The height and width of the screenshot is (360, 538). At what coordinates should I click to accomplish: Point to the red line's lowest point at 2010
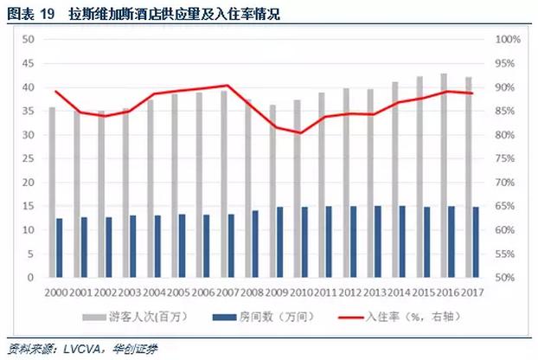pyautogui.click(x=301, y=133)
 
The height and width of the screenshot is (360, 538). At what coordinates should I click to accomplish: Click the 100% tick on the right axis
pyautogui.click(x=506, y=40)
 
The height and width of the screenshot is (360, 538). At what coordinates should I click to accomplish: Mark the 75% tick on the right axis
pyautogui.click(x=506, y=159)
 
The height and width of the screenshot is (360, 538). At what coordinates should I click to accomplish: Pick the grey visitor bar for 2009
pyautogui.click(x=272, y=191)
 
